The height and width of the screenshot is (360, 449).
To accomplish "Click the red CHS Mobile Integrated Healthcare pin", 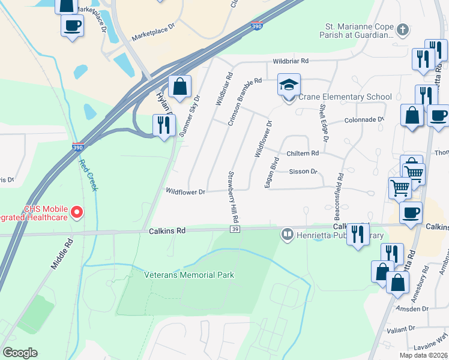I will tap(77, 212).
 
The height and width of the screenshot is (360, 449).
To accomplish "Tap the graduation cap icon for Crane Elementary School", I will tap(289, 86).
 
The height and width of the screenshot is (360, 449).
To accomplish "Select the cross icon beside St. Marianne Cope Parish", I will tap(403, 29).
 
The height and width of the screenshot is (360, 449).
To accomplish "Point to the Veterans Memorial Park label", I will tap(188, 275).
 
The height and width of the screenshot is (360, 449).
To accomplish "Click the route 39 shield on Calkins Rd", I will tap(235, 229).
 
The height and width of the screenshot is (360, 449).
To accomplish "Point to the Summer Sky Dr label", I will tap(190, 116).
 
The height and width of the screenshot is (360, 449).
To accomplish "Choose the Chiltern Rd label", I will tap(303, 154).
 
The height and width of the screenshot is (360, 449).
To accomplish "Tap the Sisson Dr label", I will tap(303, 172).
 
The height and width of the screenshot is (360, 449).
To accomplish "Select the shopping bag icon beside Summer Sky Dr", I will tap(179, 86).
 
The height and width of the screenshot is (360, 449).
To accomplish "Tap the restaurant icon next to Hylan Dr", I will tap(163, 125).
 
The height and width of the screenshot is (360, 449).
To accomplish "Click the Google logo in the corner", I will tap(20, 353).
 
